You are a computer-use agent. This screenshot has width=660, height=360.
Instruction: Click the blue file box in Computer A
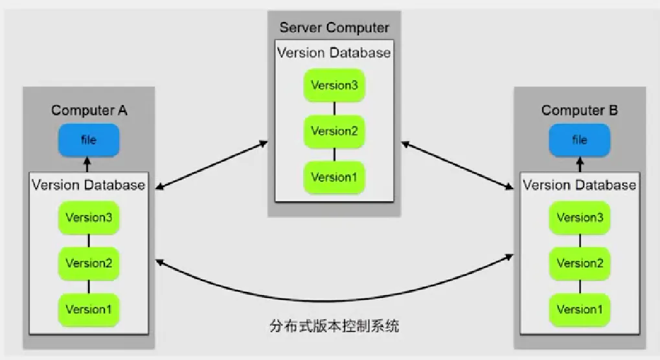(x=89, y=140)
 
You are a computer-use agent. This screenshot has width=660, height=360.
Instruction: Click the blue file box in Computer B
(x=579, y=140)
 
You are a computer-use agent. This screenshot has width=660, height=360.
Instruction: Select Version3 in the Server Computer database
(x=334, y=85)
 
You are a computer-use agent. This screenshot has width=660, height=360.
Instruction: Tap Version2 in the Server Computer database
(x=334, y=131)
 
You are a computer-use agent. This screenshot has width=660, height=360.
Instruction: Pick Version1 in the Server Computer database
(x=334, y=177)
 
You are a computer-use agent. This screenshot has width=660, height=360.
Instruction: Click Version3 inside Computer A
(x=89, y=218)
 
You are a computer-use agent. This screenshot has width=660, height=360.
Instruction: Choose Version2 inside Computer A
(x=89, y=264)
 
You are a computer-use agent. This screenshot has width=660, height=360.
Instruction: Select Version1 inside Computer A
(x=89, y=309)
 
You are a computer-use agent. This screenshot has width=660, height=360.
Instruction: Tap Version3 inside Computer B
(x=580, y=218)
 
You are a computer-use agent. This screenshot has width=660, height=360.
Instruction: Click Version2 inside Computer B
(x=580, y=264)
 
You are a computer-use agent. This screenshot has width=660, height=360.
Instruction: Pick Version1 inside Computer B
(x=580, y=309)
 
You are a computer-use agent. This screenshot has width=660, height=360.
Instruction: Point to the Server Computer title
(x=334, y=28)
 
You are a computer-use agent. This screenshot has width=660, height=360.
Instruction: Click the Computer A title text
(x=89, y=110)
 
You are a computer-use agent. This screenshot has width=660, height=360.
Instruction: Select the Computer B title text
(x=580, y=110)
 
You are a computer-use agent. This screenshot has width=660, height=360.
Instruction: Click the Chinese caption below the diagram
(x=334, y=325)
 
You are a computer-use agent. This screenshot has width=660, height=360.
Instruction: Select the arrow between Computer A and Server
(x=212, y=163)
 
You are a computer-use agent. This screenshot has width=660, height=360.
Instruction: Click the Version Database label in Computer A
(x=89, y=185)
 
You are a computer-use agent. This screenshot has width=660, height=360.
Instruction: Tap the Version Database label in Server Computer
(x=334, y=52)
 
